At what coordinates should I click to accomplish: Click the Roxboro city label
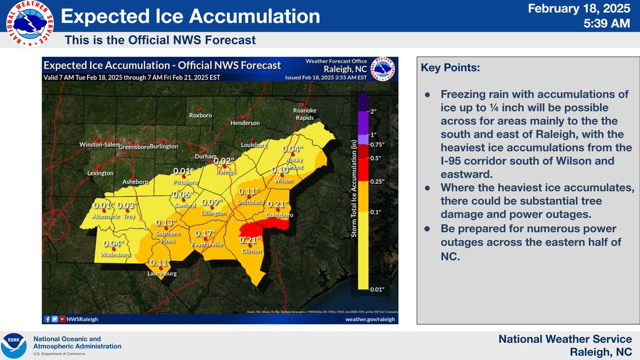(x=201, y=116)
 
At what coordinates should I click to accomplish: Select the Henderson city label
(x=245, y=123)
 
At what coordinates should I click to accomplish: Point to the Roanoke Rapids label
(x=305, y=114)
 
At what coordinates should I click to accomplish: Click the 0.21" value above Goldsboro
(x=278, y=204)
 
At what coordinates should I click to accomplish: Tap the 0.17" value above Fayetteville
(x=205, y=234)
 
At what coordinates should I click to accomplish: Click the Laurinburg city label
(x=163, y=274)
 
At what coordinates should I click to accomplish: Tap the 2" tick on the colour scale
(x=373, y=111)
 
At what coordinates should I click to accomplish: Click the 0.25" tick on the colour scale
(x=377, y=181)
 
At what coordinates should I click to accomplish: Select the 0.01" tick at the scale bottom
(x=377, y=289)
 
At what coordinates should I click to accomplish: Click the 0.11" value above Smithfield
(x=248, y=192)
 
